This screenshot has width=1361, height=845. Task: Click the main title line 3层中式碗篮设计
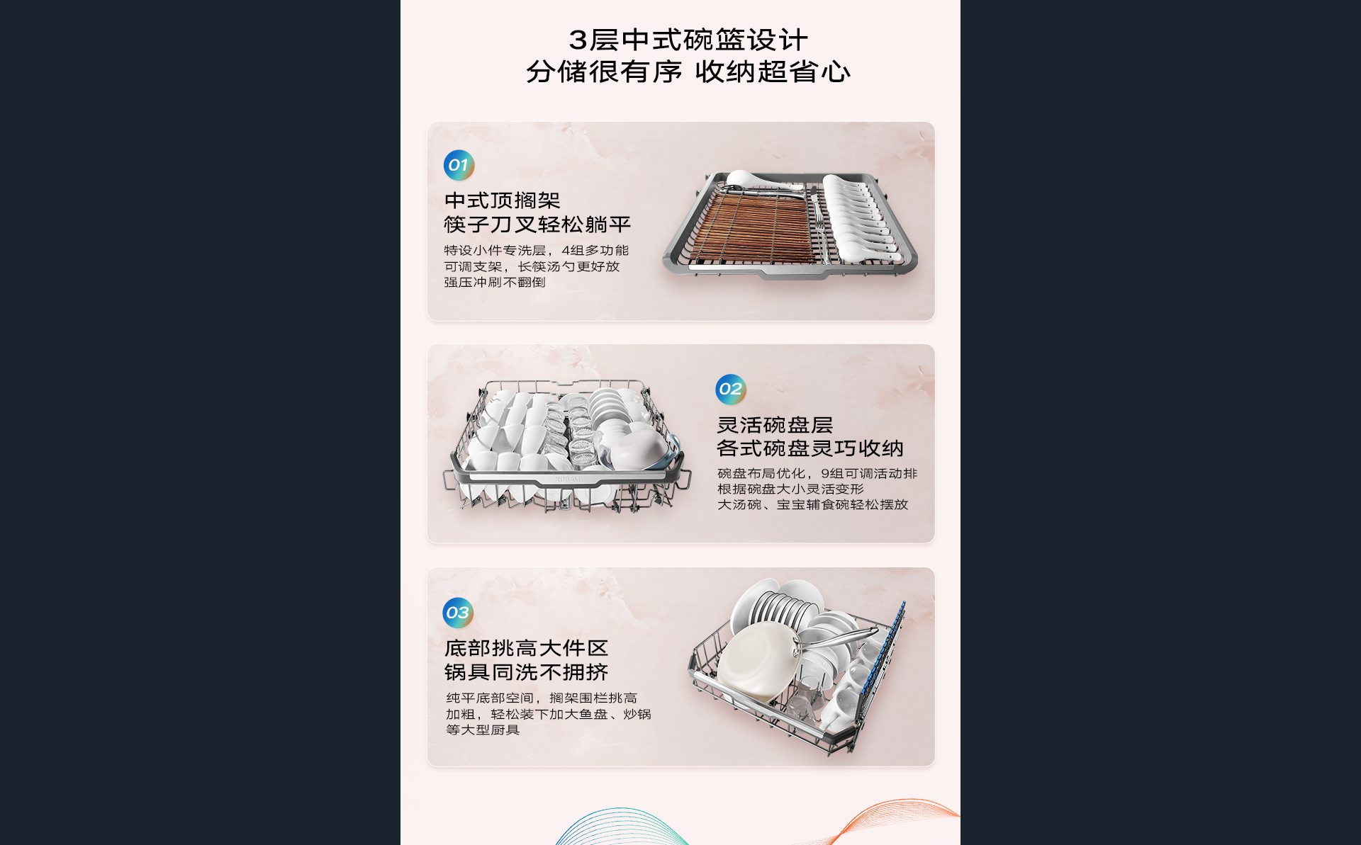point(688,40)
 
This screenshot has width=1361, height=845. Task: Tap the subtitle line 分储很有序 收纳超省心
point(688,72)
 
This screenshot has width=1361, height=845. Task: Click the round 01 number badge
point(459,165)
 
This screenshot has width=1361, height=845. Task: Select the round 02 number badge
point(730,389)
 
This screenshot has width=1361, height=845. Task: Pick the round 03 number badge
point(458,613)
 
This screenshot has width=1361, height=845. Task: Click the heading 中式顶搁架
point(502,200)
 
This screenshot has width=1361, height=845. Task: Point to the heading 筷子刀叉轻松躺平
point(537,225)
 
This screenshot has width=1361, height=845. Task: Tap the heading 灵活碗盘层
point(775,425)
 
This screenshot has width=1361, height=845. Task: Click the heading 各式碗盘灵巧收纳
point(810,448)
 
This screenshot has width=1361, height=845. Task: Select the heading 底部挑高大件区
point(526,648)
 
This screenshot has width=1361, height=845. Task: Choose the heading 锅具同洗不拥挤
point(526,672)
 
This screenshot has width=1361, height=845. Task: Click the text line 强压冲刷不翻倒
point(495,282)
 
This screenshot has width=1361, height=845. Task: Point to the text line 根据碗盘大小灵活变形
point(790,489)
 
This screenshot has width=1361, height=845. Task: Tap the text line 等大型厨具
point(483,730)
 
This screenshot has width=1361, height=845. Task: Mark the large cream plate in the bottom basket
point(757,662)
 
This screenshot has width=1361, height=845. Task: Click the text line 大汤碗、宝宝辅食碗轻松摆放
point(812,504)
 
